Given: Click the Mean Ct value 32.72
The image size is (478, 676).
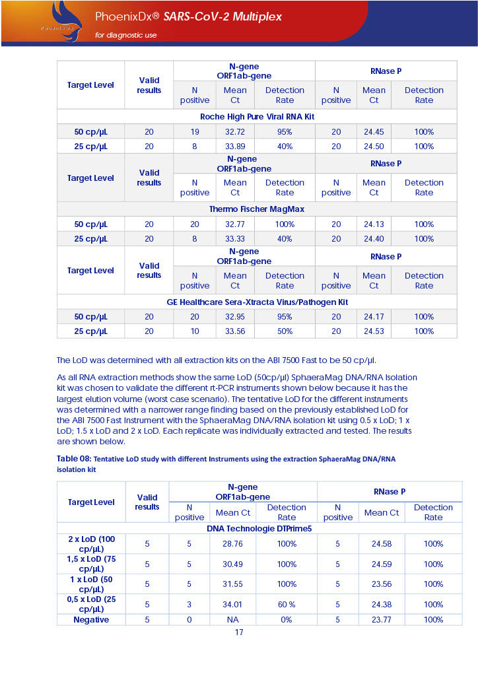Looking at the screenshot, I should [235, 132].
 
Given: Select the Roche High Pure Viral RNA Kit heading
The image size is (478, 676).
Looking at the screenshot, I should [257, 116].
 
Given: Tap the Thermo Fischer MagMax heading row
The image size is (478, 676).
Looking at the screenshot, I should [257, 209].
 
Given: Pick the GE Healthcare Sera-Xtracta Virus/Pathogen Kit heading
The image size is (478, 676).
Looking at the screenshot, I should [257, 302].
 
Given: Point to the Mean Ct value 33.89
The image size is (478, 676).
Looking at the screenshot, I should [235, 147].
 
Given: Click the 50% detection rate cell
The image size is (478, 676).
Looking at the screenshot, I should [285, 331].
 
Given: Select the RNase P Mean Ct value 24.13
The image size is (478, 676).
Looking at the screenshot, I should [374, 224].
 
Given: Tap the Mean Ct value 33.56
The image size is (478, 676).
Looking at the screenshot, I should [235, 331].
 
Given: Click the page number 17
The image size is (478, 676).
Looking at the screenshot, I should [239, 632].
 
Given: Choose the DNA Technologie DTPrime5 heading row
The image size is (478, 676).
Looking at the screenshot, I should [259, 528].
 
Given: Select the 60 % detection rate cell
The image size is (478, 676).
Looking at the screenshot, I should [287, 604].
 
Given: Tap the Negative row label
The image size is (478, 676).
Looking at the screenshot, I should [90, 620].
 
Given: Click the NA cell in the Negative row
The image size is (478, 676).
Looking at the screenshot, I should [232, 620].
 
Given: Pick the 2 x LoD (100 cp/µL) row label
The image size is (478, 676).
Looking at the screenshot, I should [91, 544].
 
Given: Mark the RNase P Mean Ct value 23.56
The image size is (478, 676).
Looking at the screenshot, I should [382, 584].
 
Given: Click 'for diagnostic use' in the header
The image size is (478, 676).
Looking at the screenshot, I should [125, 35].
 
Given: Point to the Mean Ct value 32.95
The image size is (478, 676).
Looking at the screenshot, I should [235, 317].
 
